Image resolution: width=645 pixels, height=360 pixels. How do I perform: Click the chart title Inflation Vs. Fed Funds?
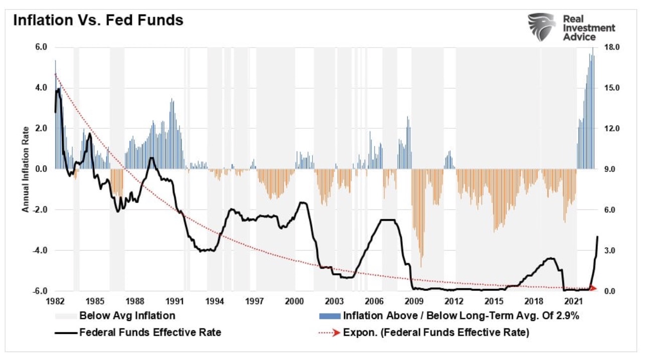(98, 21)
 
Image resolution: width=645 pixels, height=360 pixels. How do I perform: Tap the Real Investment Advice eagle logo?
(542, 27)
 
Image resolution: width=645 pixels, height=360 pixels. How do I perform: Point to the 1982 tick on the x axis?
(55, 301)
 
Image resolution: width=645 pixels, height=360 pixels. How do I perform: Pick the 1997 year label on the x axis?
(255, 301)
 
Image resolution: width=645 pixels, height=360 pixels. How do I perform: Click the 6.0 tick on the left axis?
(41, 47)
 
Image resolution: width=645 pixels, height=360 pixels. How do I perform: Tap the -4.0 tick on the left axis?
(40, 250)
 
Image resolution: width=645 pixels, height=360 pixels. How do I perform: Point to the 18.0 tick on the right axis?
(613, 47)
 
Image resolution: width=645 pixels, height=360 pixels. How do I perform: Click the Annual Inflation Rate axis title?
(25, 168)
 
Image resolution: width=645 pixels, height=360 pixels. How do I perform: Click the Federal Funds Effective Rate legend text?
(150, 332)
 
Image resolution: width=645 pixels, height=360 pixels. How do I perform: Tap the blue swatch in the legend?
(329, 316)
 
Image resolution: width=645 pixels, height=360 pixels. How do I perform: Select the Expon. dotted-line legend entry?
(435, 332)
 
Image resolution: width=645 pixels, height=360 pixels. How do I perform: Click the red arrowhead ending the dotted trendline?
(593, 288)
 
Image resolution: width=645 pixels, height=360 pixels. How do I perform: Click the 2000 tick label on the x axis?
(294, 301)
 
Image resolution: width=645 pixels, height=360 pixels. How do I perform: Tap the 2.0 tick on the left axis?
(41, 128)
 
